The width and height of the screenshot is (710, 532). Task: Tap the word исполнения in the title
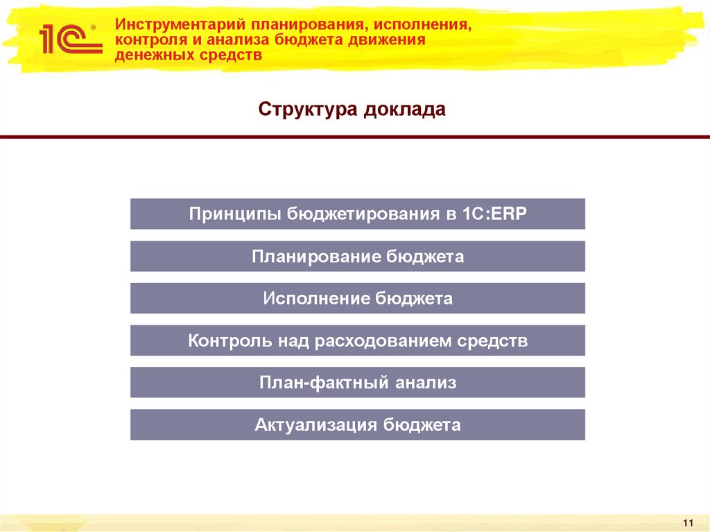[422, 25]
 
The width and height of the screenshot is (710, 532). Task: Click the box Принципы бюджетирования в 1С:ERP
[357, 214]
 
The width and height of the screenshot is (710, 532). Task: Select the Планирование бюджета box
[357, 256]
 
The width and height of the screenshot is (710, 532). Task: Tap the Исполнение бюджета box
[357, 298]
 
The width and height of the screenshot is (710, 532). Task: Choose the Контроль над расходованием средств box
[357, 341]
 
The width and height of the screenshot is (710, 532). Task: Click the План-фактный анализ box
[357, 382]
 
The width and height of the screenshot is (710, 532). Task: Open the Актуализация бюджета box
[357, 424]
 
